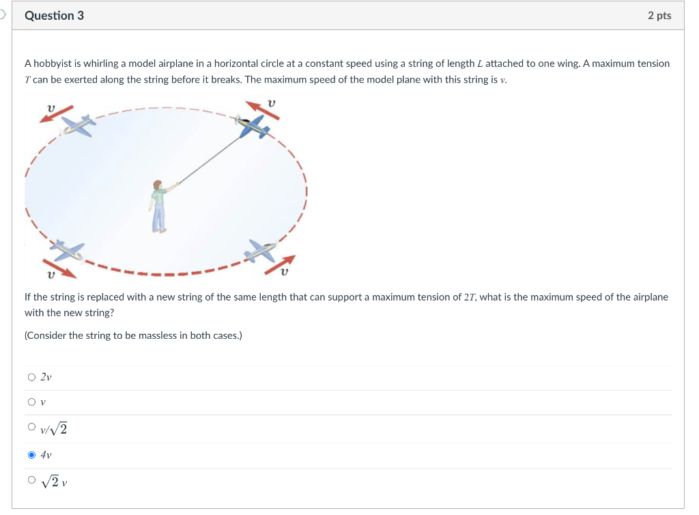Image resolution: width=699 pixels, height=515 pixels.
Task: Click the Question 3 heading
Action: click(54, 15)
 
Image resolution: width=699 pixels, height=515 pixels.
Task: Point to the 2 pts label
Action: click(659, 15)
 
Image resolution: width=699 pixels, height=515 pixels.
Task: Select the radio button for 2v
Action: click(31, 377)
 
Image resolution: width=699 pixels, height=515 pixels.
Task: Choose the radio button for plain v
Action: click(31, 402)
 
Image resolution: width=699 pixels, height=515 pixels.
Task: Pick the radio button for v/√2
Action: click(31, 428)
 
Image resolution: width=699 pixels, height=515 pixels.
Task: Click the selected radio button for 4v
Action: click(31, 454)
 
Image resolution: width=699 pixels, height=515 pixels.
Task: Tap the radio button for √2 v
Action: click(31, 480)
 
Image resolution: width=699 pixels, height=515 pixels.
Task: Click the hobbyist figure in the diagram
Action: click(160, 206)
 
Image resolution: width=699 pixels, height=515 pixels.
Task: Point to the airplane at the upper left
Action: click(76, 125)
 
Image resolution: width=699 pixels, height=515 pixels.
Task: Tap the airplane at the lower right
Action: click(261, 251)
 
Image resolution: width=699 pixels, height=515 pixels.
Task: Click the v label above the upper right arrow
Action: click(272, 102)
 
